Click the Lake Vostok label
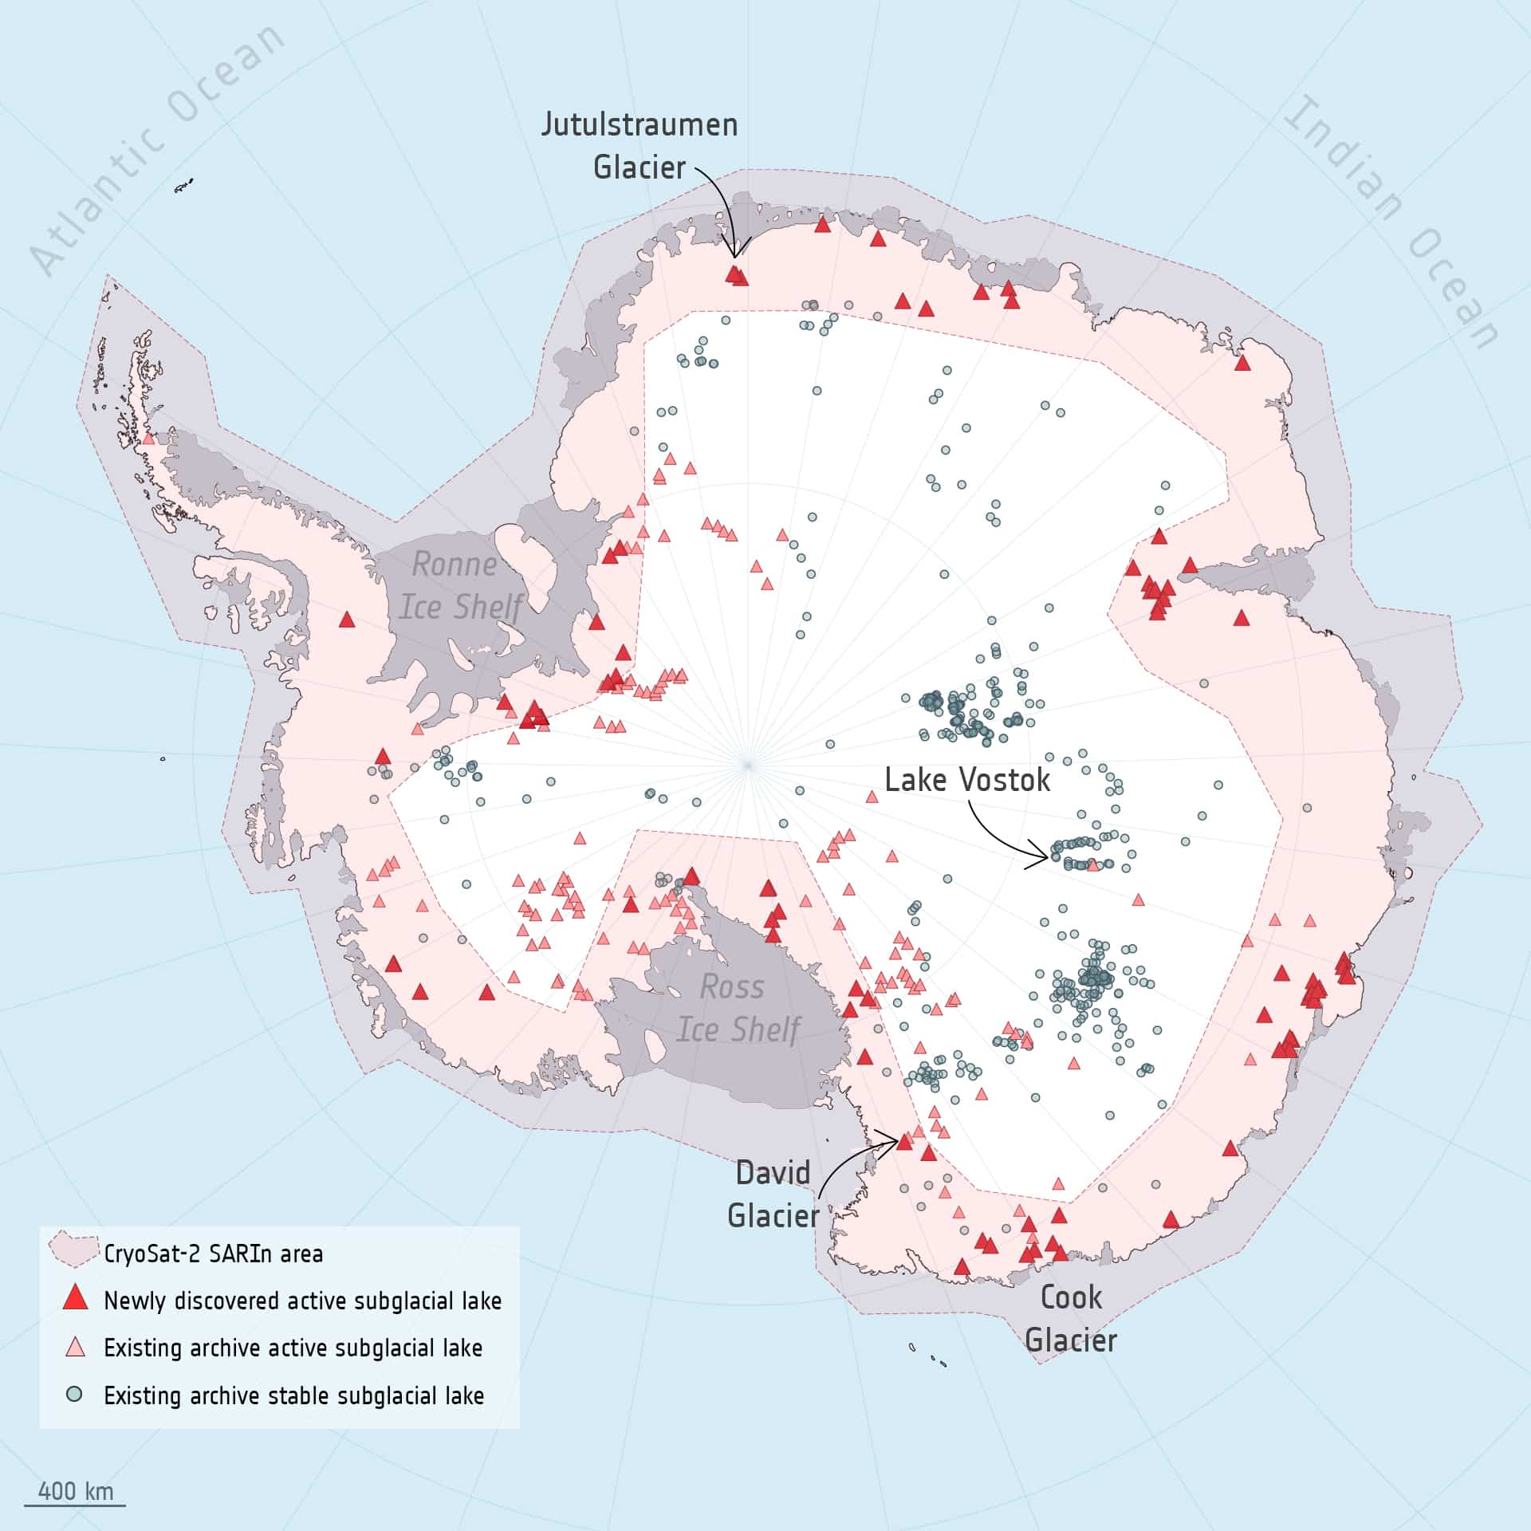point(967,780)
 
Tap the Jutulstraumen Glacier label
point(640,146)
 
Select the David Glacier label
point(773,1194)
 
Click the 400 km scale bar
point(75,1505)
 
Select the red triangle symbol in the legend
point(75,1298)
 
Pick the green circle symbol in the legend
point(75,1395)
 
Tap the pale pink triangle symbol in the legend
point(75,1348)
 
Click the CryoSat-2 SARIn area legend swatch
point(73,1250)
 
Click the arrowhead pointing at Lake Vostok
point(1046,859)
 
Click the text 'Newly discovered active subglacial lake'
point(302,1301)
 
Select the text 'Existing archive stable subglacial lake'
point(293,1395)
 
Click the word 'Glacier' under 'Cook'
point(1071,1340)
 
